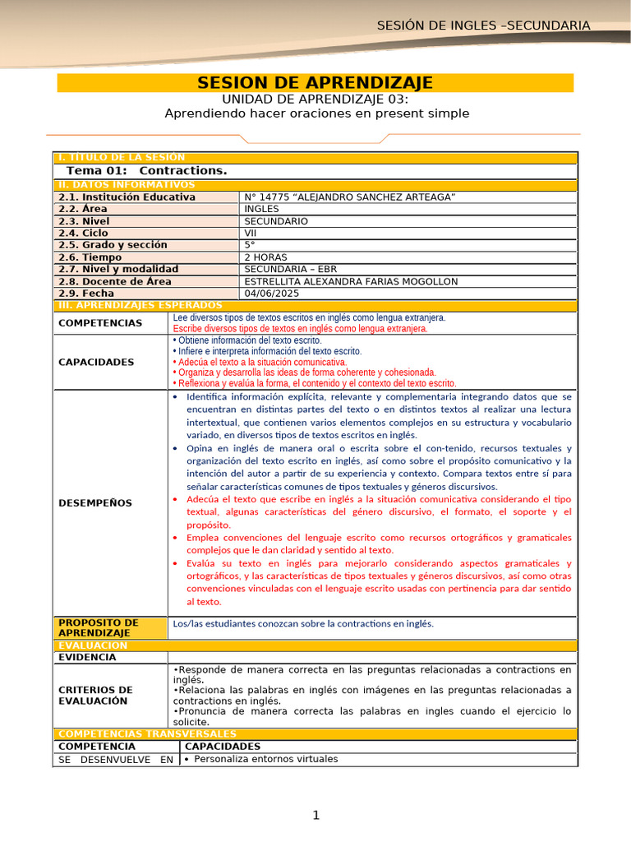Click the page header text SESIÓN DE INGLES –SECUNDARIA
(483, 25)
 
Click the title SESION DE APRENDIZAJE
(315, 83)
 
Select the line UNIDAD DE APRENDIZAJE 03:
(315, 99)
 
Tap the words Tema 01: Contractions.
(146, 170)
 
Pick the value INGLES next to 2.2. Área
(261, 209)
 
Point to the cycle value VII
(251, 233)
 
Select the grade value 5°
(250, 245)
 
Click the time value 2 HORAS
(266, 257)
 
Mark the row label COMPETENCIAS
(100, 323)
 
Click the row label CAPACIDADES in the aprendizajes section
(96, 362)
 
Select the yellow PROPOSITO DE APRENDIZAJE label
(99, 628)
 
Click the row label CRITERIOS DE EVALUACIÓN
(95, 696)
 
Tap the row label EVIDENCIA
(87, 657)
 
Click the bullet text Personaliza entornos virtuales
(265, 759)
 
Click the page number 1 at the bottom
(315, 815)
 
